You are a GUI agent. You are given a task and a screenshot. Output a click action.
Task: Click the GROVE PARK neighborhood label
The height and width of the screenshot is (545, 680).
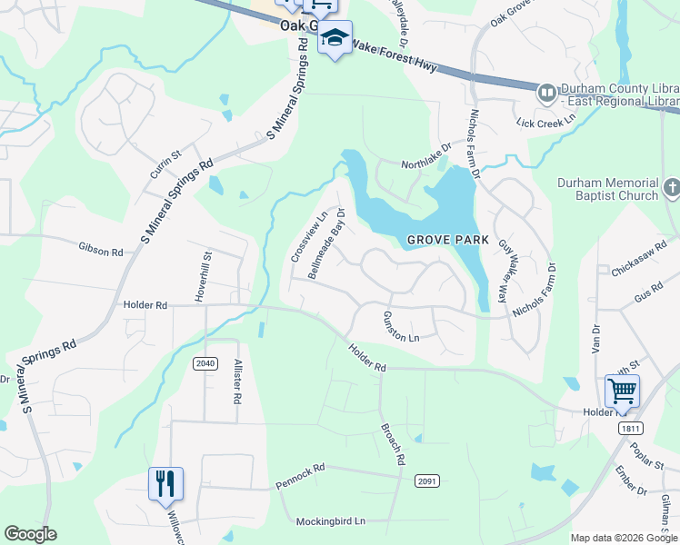pos(447,241)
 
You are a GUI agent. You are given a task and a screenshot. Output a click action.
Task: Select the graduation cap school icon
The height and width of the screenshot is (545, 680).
pos(335,38)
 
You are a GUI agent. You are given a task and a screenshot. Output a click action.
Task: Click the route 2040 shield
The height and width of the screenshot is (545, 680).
pos(205,363)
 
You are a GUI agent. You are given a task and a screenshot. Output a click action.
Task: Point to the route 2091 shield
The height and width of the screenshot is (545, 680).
pos(427,480)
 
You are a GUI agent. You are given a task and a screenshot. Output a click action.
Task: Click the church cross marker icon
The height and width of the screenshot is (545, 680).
pos(672,188)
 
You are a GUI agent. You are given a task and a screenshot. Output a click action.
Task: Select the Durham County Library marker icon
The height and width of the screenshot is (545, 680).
pos(546,92)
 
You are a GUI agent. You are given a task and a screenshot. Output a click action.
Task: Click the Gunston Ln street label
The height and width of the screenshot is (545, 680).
pos(400,326)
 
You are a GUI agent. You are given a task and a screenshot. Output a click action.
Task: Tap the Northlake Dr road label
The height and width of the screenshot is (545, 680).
pos(427,154)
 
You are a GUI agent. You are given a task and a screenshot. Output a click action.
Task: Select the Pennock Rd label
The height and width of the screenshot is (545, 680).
pos(300,476)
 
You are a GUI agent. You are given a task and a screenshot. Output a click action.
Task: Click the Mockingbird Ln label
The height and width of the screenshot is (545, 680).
pos(329,521)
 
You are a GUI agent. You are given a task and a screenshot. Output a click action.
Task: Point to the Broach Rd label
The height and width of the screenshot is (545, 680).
pos(392,444)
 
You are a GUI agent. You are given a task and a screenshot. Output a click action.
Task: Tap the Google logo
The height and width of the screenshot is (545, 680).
pos(30,534)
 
